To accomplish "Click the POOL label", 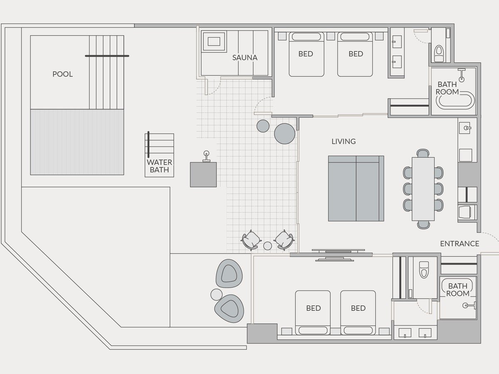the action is coord(62,74).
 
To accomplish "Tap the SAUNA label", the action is coord(245,58).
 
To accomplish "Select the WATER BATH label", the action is coord(159,166).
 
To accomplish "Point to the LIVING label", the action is coord(343,141).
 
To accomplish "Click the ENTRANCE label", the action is coord(459,244).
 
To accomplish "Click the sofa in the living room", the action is coord(356,189).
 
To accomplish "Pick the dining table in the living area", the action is coord(423,189).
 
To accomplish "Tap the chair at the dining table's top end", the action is coord(423,153).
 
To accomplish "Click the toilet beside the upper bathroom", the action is coord(439,53).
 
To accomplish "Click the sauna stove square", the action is coord(214,42).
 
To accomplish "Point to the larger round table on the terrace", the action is coord(284,134).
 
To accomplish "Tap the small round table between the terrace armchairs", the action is coord(267,246).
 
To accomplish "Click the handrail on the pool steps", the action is coord(107,56).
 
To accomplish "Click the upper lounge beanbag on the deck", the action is coord(229,273).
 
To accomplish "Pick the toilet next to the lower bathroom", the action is coord(424,270).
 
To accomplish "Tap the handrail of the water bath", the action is coord(148,145).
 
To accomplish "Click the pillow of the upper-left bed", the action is coord(306,37).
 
